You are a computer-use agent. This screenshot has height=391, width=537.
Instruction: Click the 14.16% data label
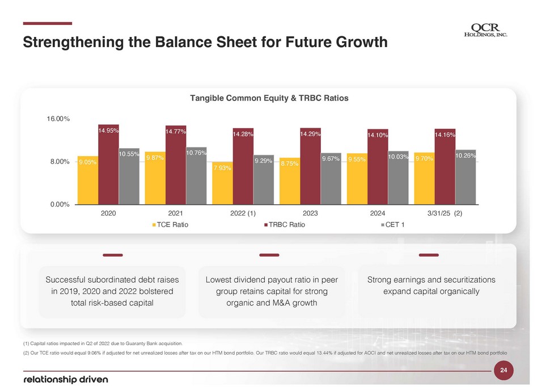pos(445,135)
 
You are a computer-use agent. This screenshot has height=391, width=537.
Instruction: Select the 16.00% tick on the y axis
pos(58,119)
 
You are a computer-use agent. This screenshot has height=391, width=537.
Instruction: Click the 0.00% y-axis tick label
pos(58,204)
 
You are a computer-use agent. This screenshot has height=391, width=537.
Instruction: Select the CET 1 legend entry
pos(395,225)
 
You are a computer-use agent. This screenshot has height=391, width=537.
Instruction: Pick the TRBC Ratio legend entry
pos(285,225)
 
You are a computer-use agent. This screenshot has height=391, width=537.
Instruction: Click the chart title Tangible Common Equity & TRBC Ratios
pos(268,98)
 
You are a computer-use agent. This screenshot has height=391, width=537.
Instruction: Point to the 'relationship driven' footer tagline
pos(65,379)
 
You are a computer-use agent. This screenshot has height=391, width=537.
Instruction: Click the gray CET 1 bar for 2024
pos(398,178)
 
